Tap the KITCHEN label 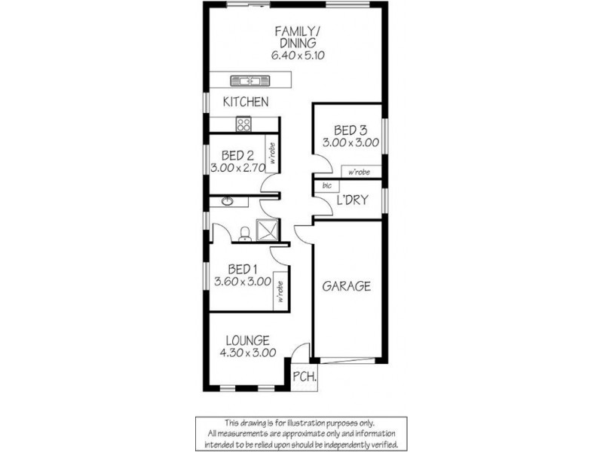246,102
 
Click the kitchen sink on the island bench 246,79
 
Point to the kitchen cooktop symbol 243,124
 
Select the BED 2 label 237,156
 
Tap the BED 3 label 350,128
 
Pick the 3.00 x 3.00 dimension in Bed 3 350,142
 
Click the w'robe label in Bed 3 360,173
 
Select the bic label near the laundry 326,185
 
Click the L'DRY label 351,201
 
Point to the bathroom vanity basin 227,201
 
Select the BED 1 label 243,269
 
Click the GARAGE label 347,286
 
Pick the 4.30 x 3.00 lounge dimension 246,352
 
